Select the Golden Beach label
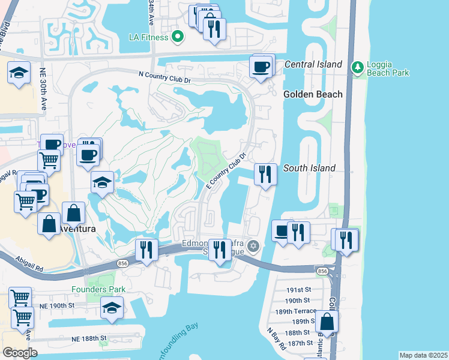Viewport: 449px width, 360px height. coord(313,94)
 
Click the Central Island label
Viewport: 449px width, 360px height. coord(313,64)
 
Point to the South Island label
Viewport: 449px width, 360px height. coord(309,168)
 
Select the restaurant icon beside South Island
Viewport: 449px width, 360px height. coord(265,175)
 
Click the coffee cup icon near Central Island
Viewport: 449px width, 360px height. coord(261,68)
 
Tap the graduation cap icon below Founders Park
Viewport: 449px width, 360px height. coord(111,308)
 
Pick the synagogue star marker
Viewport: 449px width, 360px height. coord(253,246)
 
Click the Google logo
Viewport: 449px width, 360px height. coord(20,353)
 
